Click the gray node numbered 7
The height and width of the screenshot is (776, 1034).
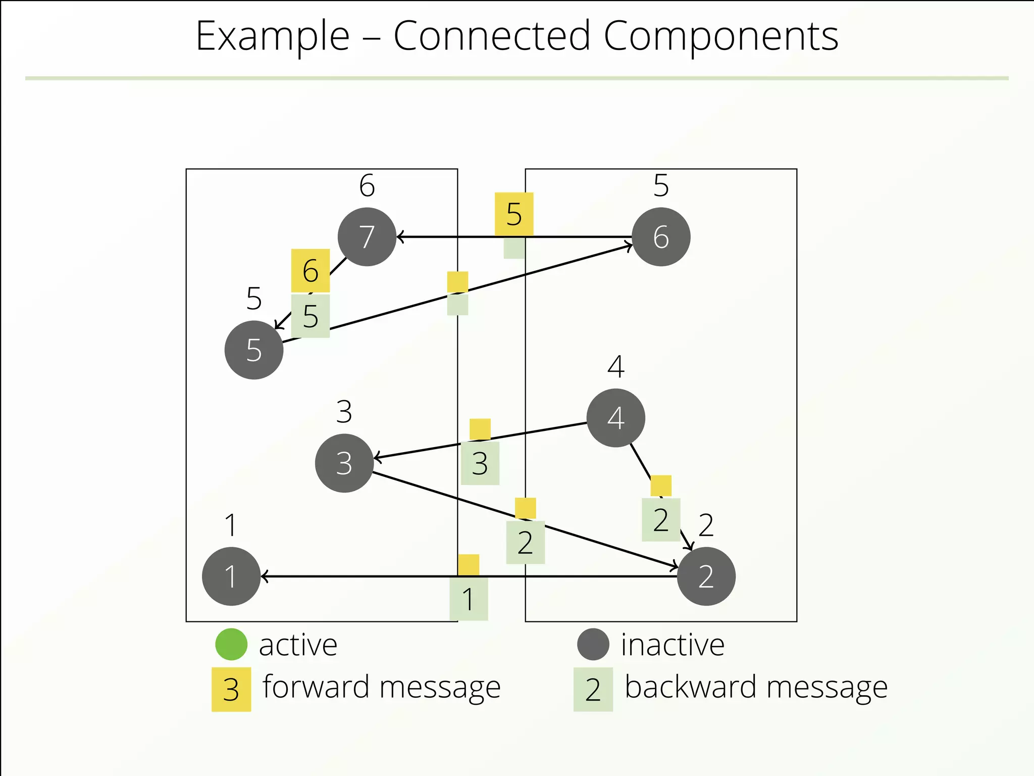click(367, 237)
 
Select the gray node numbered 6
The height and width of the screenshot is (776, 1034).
click(661, 237)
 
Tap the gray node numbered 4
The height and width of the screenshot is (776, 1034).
click(615, 418)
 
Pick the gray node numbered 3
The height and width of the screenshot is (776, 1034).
click(344, 463)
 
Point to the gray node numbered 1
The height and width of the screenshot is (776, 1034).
click(231, 576)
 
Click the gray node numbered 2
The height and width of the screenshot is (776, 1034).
click(706, 576)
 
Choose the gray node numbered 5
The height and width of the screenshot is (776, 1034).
click(254, 350)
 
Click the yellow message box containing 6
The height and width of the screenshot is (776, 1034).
click(311, 270)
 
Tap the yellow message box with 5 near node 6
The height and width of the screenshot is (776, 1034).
click(514, 214)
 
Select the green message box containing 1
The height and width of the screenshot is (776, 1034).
click(469, 599)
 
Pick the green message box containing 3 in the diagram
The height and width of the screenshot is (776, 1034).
click(480, 463)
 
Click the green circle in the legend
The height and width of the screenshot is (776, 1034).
click(231, 644)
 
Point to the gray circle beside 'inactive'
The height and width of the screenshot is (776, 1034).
click(593, 644)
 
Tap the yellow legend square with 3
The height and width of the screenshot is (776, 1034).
click(231, 690)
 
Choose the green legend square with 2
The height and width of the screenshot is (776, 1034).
click(593, 690)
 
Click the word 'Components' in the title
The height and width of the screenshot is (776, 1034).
click(720, 36)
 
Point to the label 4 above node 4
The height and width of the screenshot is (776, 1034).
click(615, 367)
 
